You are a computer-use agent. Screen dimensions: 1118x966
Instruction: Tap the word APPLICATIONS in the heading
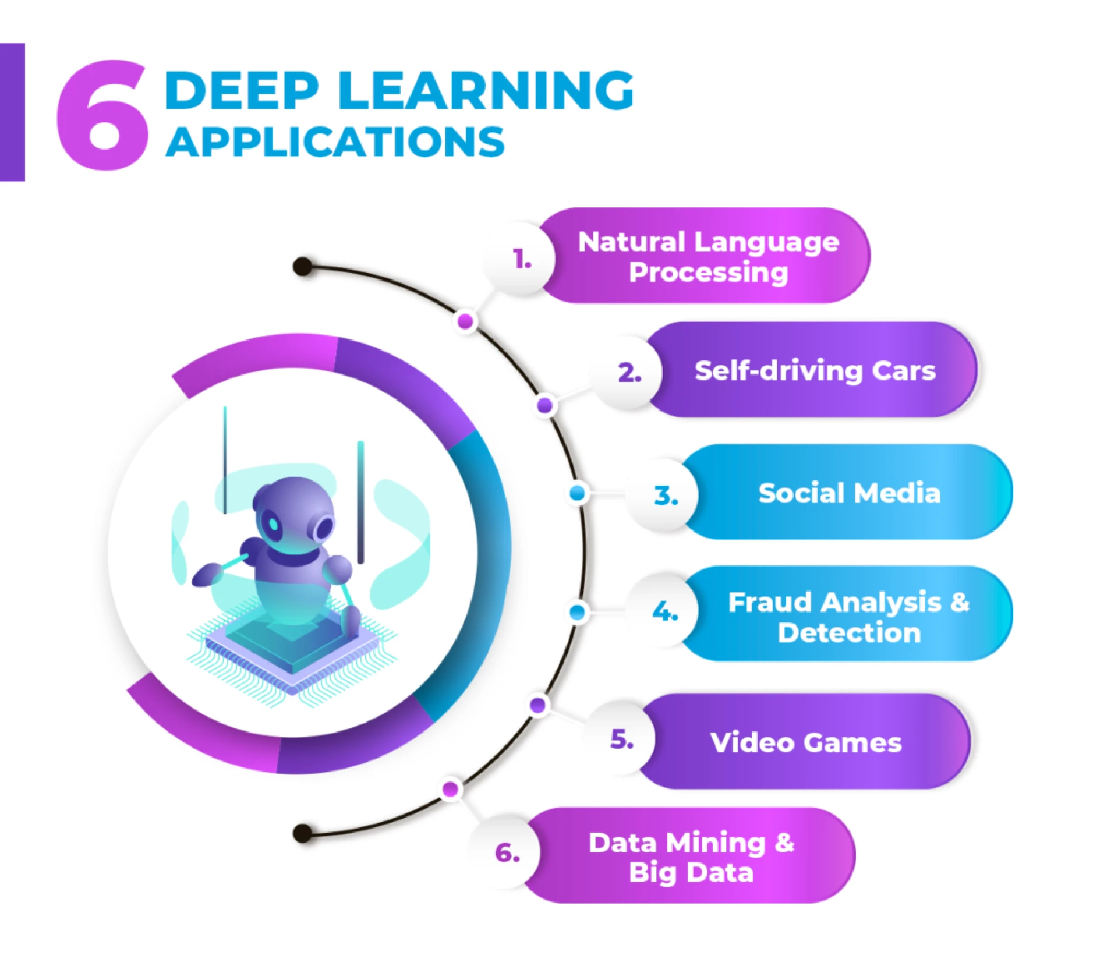[x=335, y=142]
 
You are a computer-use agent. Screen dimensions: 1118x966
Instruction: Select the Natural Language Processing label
[x=708, y=256]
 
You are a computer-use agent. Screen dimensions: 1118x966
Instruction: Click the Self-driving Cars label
[x=814, y=370]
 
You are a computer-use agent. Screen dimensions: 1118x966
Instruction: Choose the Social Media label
[x=849, y=493]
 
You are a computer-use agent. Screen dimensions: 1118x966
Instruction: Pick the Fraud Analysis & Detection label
[x=848, y=616]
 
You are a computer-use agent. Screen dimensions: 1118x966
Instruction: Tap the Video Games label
[x=805, y=742]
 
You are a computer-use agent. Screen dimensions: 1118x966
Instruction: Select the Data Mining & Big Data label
[x=691, y=857]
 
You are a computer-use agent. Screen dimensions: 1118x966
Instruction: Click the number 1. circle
[x=522, y=259]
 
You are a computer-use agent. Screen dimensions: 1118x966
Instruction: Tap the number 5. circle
[x=621, y=739]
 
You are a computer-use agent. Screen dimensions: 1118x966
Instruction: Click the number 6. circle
[x=507, y=853]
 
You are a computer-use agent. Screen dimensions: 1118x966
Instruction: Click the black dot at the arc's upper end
[x=302, y=267]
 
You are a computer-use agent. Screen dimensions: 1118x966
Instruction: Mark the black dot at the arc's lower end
[x=302, y=833]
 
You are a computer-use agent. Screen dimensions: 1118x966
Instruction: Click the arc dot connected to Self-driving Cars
[x=545, y=405]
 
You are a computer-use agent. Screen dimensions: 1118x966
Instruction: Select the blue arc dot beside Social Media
[x=578, y=493]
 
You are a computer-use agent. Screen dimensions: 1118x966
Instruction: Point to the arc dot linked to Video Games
[x=539, y=705]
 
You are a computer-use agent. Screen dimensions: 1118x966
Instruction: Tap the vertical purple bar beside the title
[x=12, y=112]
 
